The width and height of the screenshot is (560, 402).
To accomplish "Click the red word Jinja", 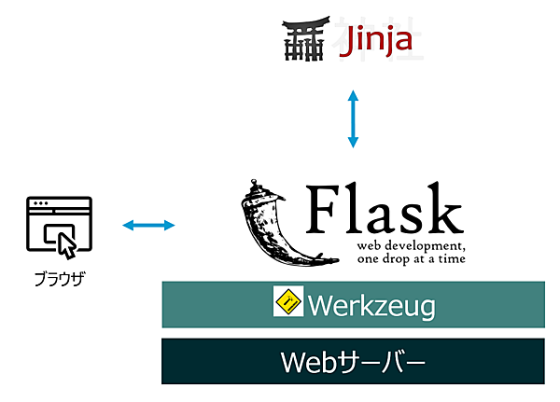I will [x=374, y=43].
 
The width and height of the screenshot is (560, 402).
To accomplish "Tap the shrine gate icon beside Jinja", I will [x=304, y=41].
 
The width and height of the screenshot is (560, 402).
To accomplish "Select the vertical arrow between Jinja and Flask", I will [x=353, y=118].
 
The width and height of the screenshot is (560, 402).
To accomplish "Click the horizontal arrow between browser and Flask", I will [x=149, y=225].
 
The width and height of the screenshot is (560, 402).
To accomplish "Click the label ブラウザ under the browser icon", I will [x=59, y=278].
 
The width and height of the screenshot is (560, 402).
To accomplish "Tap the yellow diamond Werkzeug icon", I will [x=288, y=301].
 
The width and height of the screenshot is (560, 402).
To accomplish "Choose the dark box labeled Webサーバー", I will [x=353, y=361].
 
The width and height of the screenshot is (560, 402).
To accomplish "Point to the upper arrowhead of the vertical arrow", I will [x=353, y=95].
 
